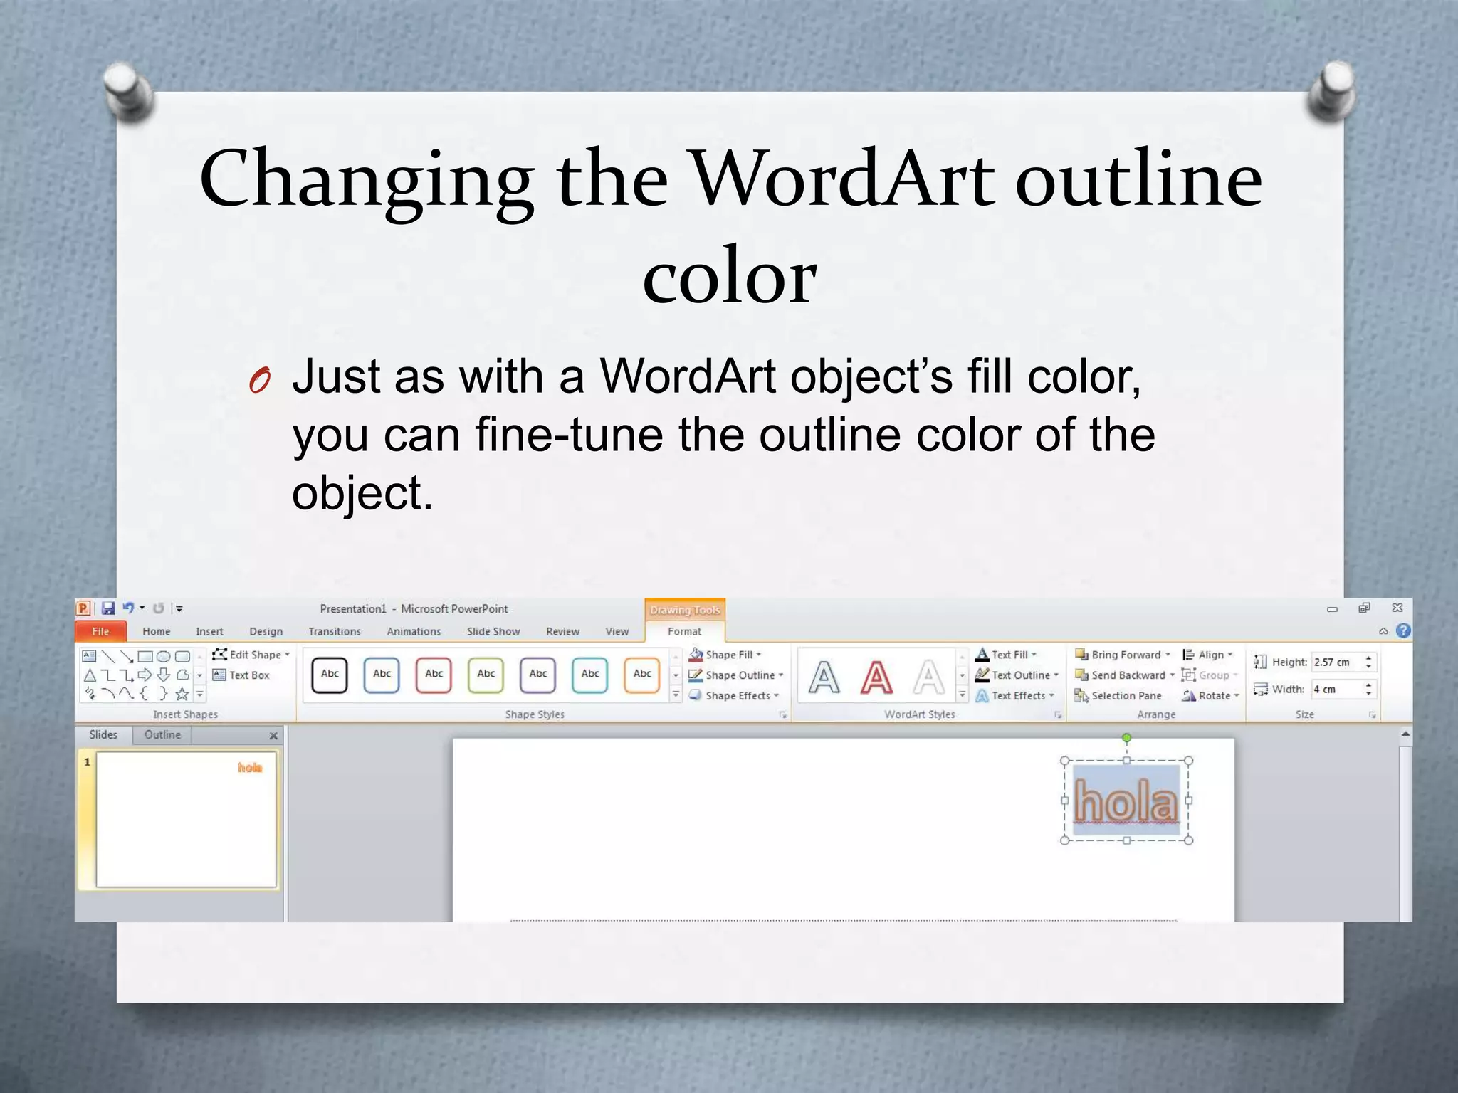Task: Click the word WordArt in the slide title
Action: [844, 179]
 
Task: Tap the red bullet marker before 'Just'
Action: [260, 381]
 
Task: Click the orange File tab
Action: [100, 631]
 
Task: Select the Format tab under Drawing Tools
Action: [684, 631]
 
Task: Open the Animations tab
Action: [414, 631]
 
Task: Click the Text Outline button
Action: [1018, 675]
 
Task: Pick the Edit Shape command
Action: [251, 655]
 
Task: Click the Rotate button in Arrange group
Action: [1211, 696]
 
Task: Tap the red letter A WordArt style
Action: [876, 677]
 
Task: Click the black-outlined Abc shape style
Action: [330, 675]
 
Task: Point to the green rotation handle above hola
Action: [1126, 738]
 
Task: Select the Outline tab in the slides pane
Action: [162, 735]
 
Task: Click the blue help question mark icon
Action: [1403, 631]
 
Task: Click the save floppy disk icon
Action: [108, 608]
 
